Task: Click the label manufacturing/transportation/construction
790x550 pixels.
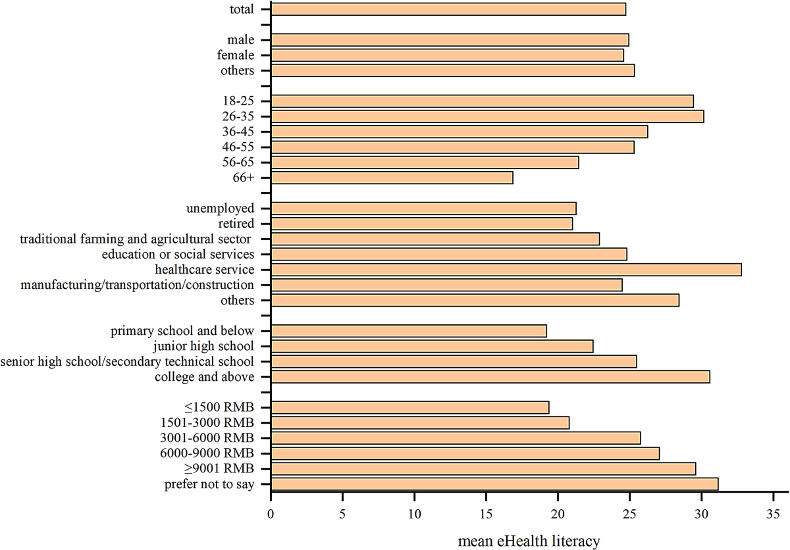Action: click(137, 285)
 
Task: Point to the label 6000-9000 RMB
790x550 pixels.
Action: click(211, 453)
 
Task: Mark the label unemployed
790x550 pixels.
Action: click(221, 209)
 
